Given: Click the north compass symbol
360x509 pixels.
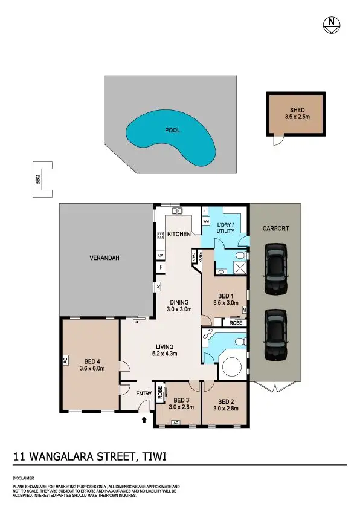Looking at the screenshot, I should coord(332,24).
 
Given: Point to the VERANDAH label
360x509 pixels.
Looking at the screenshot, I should coord(104,258).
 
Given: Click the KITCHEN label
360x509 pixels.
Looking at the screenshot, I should coord(179,234).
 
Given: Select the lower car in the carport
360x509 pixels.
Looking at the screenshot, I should coord(275,333).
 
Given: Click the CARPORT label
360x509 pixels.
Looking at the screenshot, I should coord(275,229).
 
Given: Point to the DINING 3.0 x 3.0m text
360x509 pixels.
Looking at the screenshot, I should coord(179,306).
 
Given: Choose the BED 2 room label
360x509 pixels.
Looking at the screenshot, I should coord(225,404).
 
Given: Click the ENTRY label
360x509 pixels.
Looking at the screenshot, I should coord(144,394).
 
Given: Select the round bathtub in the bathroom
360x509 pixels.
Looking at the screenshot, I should coord(233,367).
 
